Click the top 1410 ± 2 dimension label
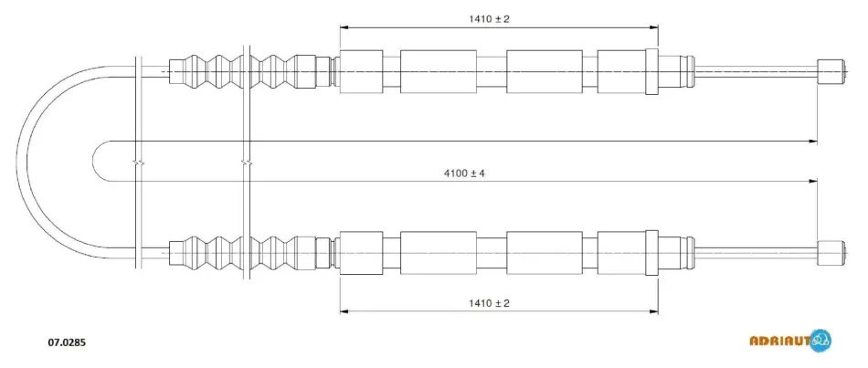(x=489, y=19)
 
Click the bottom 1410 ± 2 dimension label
(x=489, y=303)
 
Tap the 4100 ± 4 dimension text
(x=464, y=173)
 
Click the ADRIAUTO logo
(x=790, y=340)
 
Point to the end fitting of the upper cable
(x=831, y=71)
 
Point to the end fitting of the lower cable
(x=831, y=253)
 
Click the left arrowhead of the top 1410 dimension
(x=344, y=26)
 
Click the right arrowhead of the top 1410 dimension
(x=654, y=26)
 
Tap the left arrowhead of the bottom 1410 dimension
(x=344, y=311)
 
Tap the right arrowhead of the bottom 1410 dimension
(x=654, y=311)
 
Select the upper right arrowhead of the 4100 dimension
(x=813, y=142)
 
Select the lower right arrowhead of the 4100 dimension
(x=813, y=182)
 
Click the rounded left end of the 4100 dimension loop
(x=93, y=161)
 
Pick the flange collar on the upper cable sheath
(x=651, y=71)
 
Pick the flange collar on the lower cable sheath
(x=651, y=253)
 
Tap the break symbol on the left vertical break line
(x=139, y=163)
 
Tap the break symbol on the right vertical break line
(x=247, y=163)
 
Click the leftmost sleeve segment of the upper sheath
(x=361, y=71)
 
